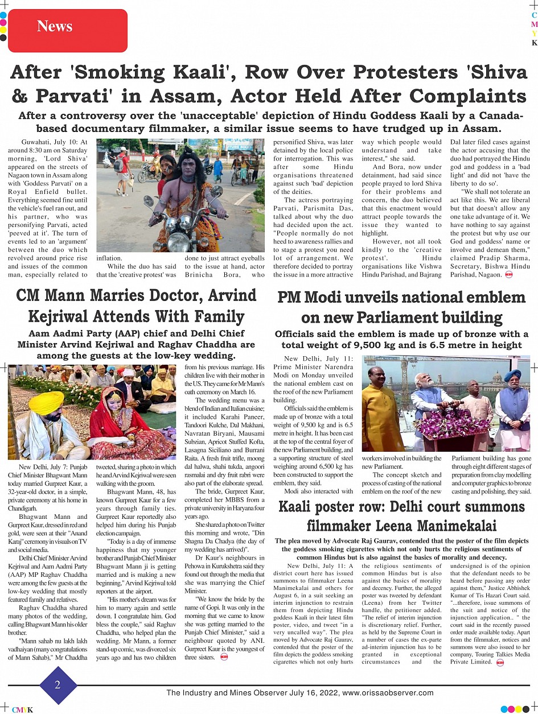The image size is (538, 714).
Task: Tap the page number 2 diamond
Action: (57, 684)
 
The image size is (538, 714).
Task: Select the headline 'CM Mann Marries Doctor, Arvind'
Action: (136, 295)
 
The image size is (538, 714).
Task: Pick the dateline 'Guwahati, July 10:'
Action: (55, 142)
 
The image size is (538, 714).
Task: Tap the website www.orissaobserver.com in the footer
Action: (388, 693)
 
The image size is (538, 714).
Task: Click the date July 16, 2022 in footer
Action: (309, 693)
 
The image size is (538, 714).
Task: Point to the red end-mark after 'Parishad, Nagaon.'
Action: (508, 275)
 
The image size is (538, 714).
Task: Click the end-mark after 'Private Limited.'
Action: (499, 662)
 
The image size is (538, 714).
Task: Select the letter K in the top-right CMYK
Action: (534, 43)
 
